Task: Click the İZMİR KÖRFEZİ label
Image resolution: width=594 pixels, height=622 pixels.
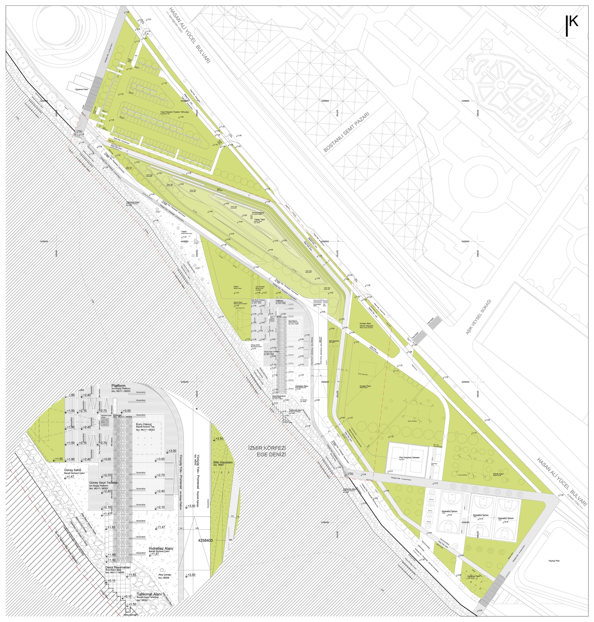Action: (267, 448)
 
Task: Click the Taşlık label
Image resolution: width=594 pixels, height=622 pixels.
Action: (184, 232)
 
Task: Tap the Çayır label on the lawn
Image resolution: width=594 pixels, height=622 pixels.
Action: (236, 286)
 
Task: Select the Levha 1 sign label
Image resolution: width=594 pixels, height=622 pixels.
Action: (80, 130)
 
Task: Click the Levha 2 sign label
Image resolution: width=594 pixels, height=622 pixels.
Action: (350, 473)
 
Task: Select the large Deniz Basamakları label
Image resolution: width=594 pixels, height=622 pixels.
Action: (118, 567)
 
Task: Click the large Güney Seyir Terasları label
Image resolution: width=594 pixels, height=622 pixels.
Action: (104, 483)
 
